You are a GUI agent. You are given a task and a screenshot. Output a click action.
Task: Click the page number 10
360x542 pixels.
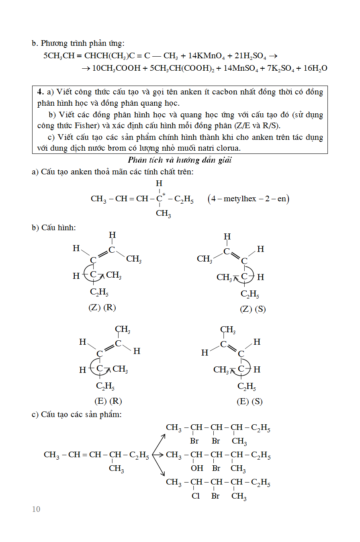pos(36,509)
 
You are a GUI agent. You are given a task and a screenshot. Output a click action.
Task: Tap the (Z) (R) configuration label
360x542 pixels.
pos(102,308)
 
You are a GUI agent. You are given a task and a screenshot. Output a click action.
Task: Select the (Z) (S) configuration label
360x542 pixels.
pos(253,309)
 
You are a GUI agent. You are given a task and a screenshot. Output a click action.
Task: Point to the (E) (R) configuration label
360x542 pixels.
pos(108,401)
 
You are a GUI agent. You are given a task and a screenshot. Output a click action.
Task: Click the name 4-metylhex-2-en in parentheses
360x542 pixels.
pos(249,198)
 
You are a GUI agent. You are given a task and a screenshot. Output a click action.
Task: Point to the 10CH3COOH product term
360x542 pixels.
pos(117,68)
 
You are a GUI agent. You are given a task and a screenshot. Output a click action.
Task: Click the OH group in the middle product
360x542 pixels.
pos(197,468)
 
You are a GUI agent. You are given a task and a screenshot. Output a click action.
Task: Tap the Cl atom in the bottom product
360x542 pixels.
pos(196,496)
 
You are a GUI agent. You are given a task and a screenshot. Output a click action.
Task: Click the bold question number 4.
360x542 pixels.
pos(40,92)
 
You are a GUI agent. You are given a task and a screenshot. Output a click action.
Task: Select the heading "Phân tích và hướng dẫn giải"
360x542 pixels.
pos(180,160)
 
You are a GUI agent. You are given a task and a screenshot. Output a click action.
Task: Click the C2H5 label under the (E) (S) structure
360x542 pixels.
pos(247,387)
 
